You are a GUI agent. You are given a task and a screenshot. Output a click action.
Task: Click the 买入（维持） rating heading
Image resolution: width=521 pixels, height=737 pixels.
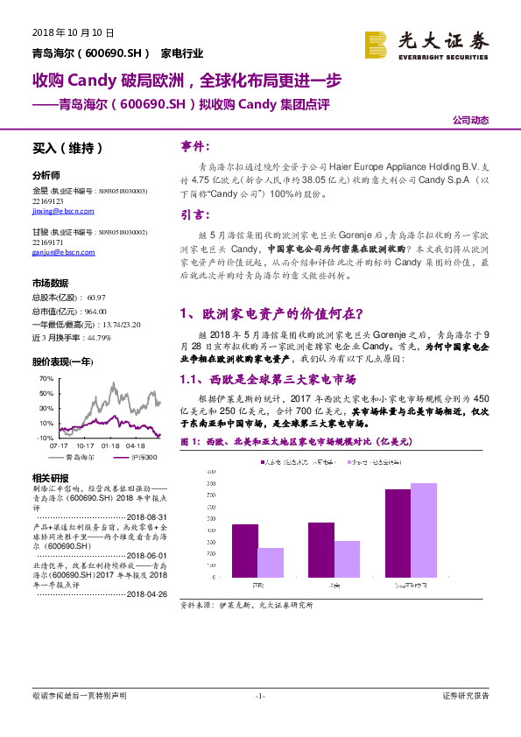pos(67,149)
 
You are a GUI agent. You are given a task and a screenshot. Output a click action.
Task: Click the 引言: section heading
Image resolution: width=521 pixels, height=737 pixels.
pos(194,214)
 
